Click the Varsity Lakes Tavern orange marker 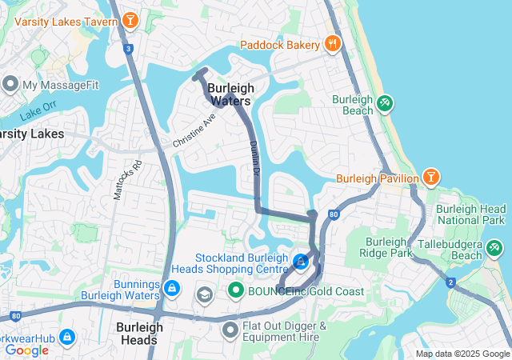130,19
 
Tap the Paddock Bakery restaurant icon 333,44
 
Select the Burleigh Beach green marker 385,102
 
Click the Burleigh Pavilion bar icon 431,176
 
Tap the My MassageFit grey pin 10,83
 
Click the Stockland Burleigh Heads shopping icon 300,261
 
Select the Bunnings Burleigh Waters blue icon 171,287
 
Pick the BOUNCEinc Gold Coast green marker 235,290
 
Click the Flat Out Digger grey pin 230,328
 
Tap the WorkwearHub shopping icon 67,337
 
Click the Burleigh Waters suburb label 230,94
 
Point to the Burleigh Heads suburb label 139,333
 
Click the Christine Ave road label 194,130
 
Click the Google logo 26,350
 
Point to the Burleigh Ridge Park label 389,247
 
